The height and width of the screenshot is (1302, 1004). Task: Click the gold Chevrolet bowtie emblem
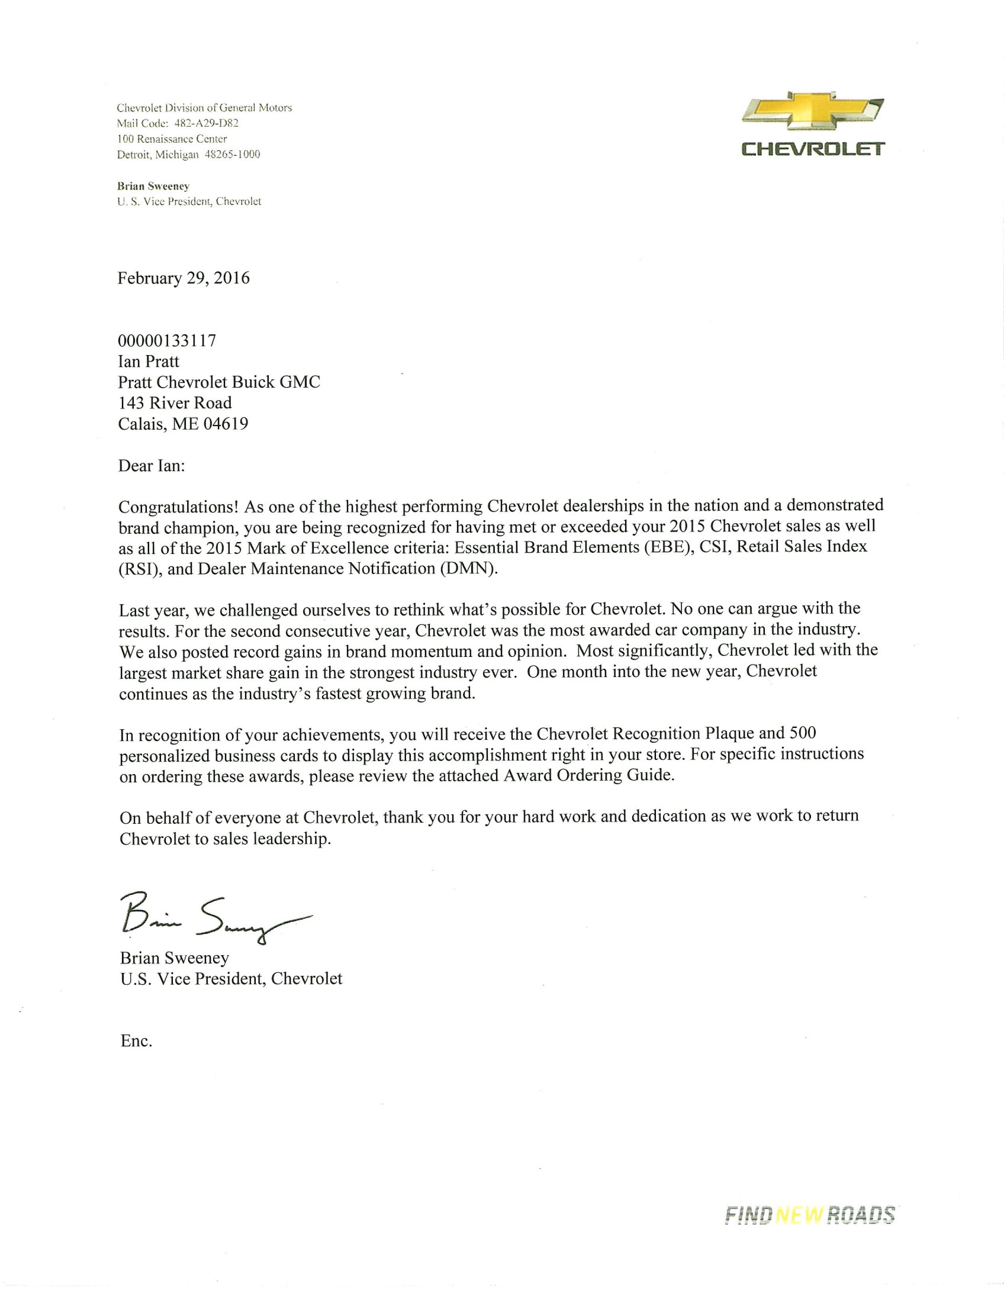pos(813,112)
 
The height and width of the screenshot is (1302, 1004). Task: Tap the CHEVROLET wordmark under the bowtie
pos(813,149)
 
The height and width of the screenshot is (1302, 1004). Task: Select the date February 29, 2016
pos(183,279)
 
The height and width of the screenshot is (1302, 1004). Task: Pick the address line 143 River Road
pos(175,403)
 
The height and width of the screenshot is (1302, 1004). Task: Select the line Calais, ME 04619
pos(183,424)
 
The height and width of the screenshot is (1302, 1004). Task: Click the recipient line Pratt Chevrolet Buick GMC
pos(219,382)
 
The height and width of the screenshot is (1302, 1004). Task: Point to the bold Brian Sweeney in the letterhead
pos(153,186)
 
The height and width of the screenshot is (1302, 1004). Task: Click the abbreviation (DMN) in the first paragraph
pos(468,569)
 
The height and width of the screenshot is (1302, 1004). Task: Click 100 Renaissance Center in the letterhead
pos(172,139)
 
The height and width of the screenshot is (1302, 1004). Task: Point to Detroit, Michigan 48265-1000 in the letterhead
pos(188,154)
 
